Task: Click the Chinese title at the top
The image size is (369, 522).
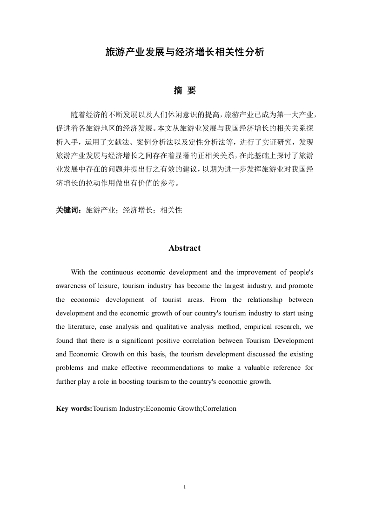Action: tap(185, 53)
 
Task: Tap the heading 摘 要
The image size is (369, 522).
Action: tap(185, 91)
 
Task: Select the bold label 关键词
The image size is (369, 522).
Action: tap(68, 210)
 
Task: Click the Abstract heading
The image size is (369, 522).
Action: tap(185, 248)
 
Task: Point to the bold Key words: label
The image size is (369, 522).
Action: tap(74, 408)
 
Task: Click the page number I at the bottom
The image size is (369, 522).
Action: tap(185, 487)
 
